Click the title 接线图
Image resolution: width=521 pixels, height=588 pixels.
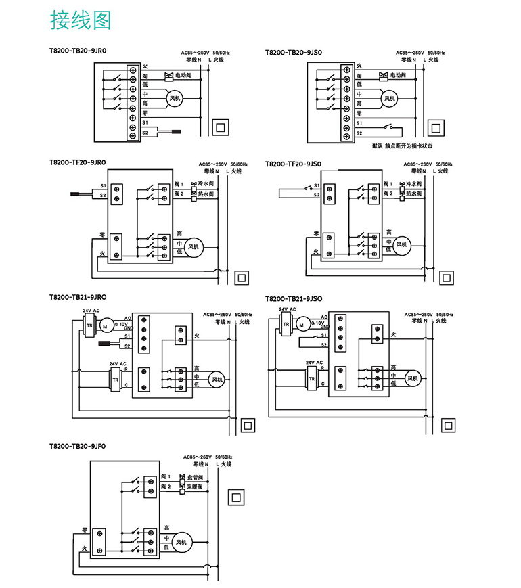80,21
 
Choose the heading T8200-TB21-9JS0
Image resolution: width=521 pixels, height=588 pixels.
294,298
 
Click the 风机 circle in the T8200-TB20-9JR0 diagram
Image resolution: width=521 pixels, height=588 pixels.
174,99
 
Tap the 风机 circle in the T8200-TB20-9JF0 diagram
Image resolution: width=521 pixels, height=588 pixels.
181,542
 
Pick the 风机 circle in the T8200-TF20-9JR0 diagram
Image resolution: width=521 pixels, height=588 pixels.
194,247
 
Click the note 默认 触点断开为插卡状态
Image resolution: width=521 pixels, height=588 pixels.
402,145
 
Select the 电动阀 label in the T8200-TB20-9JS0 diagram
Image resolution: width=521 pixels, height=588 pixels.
396,74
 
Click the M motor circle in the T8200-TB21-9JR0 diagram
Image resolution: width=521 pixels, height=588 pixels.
105,326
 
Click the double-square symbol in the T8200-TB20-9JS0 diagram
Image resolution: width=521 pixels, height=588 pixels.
436,127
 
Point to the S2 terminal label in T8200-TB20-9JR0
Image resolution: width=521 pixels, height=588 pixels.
145,133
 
